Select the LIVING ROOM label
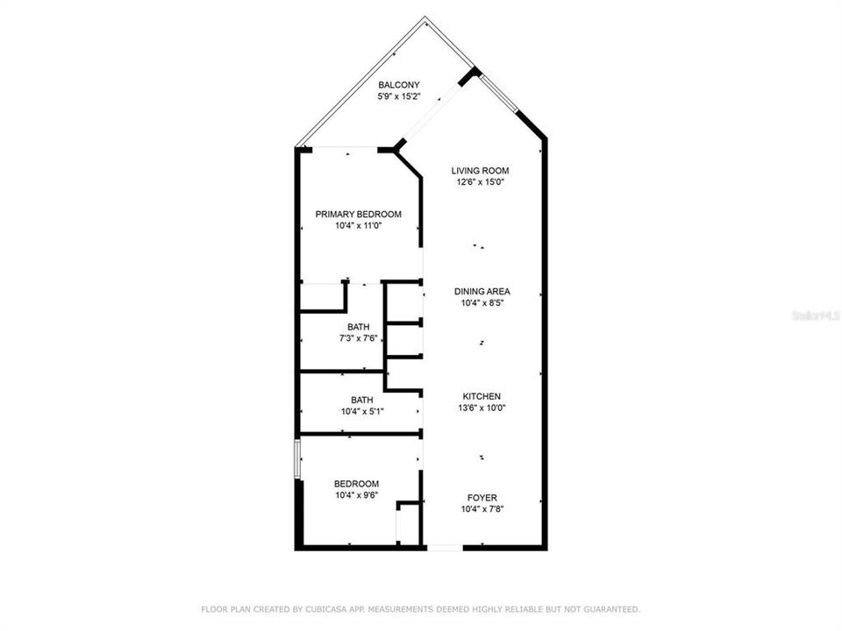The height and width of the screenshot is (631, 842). (x=480, y=171)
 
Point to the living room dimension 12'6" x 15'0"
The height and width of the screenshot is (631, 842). (x=480, y=182)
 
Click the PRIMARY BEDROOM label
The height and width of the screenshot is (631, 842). (x=358, y=214)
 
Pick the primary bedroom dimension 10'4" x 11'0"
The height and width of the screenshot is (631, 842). (x=358, y=225)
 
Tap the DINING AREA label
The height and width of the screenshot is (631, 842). (x=482, y=292)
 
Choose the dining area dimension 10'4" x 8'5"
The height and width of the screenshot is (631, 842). (x=482, y=303)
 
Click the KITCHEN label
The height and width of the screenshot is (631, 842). (x=482, y=396)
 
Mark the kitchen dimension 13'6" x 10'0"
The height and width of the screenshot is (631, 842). (x=482, y=408)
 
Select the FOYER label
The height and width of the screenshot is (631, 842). (x=482, y=497)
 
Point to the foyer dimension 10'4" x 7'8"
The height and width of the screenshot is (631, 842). (x=482, y=508)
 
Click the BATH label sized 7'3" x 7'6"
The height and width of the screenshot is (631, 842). (x=358, y=328)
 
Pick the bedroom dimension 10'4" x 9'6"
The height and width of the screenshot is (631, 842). (x=356, y=495)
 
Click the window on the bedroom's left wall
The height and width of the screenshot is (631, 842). (x=297, y=458)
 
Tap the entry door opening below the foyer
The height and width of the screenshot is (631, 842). (x=444, y=548)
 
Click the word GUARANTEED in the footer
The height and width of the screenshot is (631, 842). (x=612, y=608)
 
